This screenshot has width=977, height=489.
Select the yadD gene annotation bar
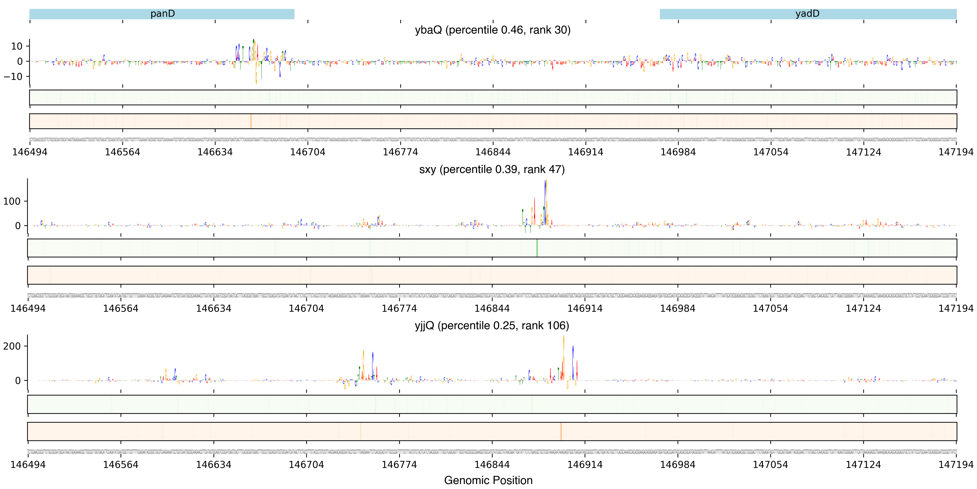point(808,14)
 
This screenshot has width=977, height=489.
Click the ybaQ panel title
point(492,30)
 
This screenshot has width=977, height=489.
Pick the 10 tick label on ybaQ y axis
point(17,46)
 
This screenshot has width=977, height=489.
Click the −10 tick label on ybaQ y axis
point(13,77)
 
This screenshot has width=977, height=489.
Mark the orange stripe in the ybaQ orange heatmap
point(251,121)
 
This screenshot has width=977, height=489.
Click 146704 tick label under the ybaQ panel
point(308,152)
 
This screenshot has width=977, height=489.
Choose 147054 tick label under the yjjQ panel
point(770,465)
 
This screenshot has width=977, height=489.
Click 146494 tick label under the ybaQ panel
point(30,152)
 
